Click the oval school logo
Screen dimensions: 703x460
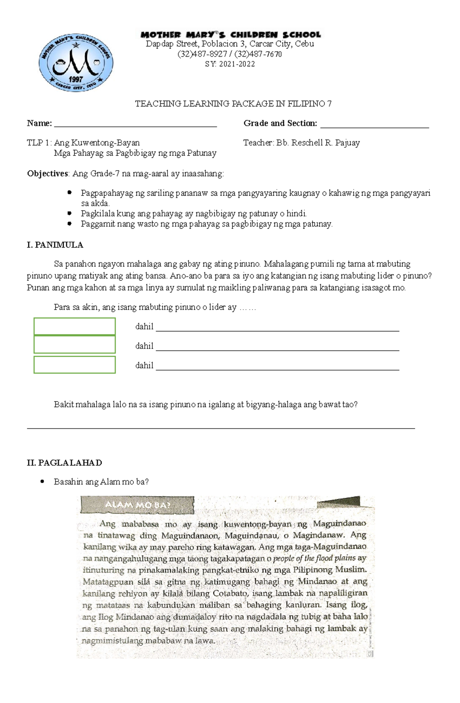[x=76, y=62]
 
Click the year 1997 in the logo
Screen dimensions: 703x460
[x=76, y=79]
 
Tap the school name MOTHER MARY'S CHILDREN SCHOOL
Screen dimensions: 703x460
[x=230, y=34]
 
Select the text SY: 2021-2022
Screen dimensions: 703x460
[x=230, y=64]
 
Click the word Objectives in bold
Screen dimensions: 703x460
[x=48, y=174]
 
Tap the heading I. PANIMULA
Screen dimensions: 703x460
[x=55, y=245]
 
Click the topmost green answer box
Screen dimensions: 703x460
[x=75, y=326]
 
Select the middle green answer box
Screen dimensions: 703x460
[x=75, y=344]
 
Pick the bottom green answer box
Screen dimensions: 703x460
[x=75, y=365]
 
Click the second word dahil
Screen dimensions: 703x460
[x=144, y=346]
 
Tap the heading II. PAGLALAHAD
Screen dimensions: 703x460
[x=64, y=463]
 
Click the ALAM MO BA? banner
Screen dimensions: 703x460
[x=137, y=505]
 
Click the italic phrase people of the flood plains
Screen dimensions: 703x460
[x=314, y=558]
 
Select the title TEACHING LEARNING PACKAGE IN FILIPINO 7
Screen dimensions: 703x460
[x=233, y=104]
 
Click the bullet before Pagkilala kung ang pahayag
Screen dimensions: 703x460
[x=69, y=213]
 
